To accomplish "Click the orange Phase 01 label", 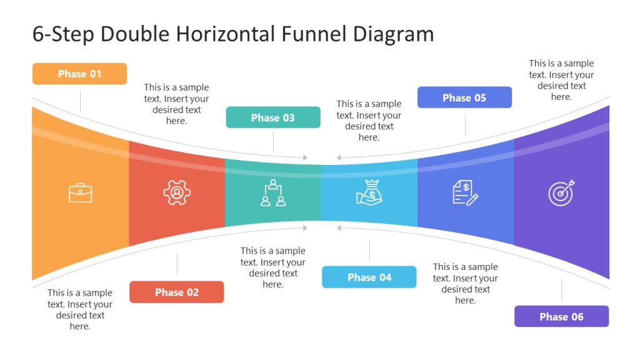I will point(79,74).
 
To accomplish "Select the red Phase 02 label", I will point(176,292).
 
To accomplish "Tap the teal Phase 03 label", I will point(272,117).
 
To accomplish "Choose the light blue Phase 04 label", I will point(369,277).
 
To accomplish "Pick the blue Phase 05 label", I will point(464,97).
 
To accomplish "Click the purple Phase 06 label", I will point(561,316).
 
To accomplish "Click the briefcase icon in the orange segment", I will point(80,192).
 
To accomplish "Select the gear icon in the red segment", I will point(177,192).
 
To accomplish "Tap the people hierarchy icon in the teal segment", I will point(273,192).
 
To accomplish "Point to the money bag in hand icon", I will point(369,192).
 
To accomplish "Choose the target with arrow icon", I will point(561,192).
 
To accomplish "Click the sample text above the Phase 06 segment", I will point(561,80).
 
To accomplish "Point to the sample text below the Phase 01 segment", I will point(80,309).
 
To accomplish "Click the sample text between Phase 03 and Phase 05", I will point(369,121).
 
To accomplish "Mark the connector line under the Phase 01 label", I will point(80,101).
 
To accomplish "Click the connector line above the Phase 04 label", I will point(369,250).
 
